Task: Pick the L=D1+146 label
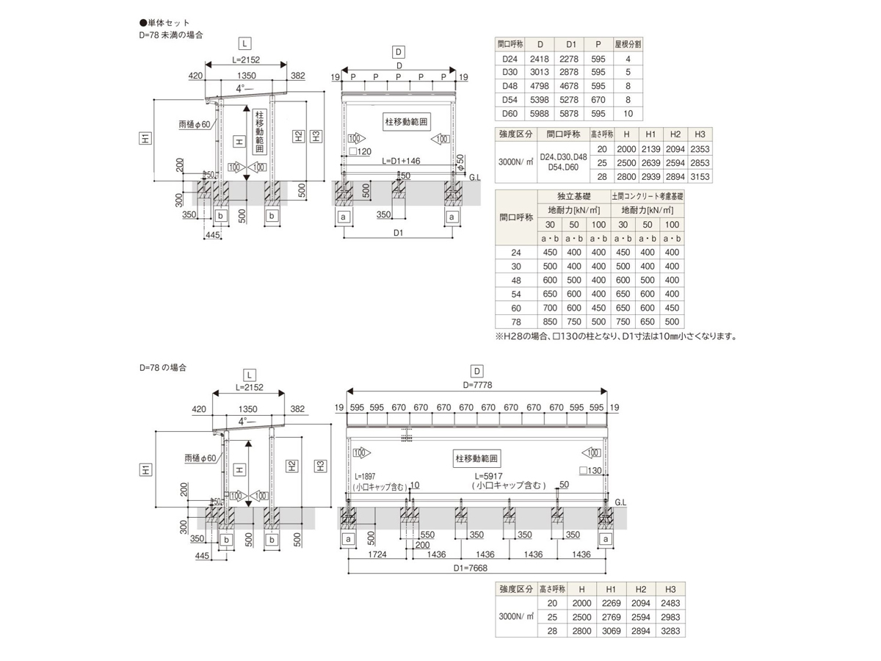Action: coord(400,159)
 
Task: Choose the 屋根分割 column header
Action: coord(628,44)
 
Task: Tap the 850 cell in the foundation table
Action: coord(549,322)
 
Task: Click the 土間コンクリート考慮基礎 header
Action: coord(648,196)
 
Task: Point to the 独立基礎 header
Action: coord(573,196)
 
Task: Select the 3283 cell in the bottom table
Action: coord(670,631)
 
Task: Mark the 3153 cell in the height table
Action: coord(699,176)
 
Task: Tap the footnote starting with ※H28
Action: coord(616,337)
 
